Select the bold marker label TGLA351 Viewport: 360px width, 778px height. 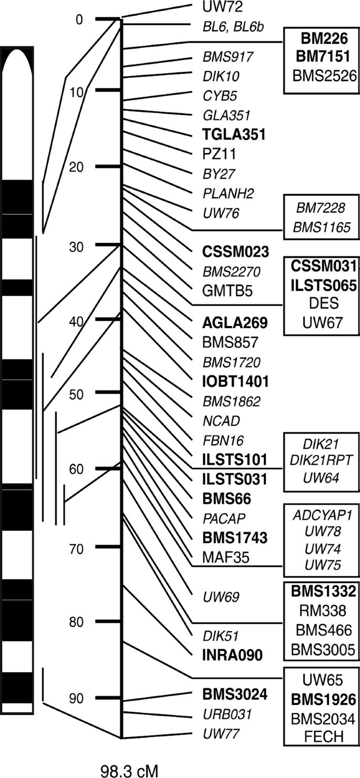click(x=233, y=135)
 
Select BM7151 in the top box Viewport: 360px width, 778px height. click(x=322, y=56)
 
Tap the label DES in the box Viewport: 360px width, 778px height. click(x=322, y=304)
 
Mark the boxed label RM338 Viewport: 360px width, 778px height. click(x=322, y=610)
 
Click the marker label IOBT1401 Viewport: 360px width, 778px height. click(x=235, y=381)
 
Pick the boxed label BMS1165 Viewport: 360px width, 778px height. click(x=322, y=228)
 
